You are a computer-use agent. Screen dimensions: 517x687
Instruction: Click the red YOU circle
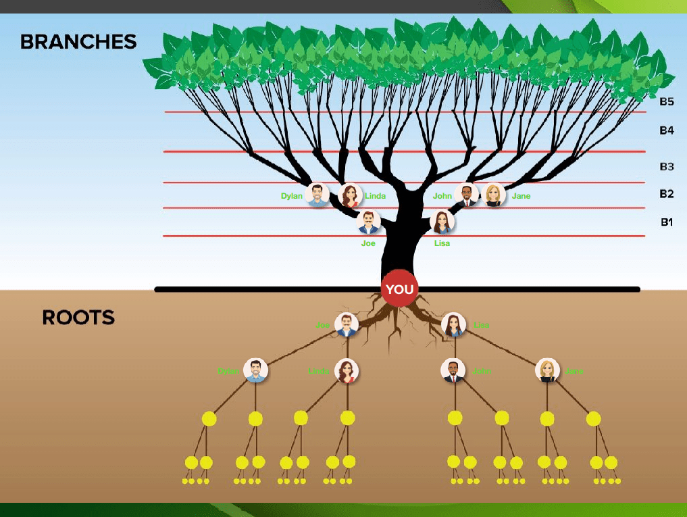(399, 289)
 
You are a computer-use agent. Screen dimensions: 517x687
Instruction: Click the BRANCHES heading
(78, 42)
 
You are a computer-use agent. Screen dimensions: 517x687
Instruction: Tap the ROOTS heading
(78, 317)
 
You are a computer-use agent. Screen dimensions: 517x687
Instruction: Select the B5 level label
(667, 102)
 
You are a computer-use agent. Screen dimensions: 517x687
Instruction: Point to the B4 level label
(667, 130)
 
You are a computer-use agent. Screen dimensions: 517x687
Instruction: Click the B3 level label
(667, 166)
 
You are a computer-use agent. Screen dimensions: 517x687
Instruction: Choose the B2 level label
(667, 194)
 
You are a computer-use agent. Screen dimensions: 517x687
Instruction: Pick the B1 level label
(667, 222)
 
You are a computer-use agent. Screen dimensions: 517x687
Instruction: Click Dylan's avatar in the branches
(317, 195)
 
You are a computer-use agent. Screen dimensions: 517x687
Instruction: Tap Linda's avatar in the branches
(350, 195)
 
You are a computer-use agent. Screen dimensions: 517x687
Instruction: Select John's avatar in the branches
(467, 195)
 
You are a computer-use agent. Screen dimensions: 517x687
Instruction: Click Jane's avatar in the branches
(494, 195)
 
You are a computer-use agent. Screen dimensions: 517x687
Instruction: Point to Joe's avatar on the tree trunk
(368, 222)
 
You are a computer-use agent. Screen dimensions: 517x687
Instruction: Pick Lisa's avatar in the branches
(442, 222)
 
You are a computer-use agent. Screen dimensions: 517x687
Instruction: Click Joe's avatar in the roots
(347, 325)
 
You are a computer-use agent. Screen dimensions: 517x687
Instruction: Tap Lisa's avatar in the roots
(453, 325)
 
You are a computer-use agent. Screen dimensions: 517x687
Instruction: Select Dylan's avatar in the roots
(255, 370)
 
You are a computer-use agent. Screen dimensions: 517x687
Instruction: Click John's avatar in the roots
(453, 370)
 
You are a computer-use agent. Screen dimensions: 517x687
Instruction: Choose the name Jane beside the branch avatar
(521, 196)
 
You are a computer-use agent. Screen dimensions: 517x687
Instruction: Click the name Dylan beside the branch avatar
(292, 196)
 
